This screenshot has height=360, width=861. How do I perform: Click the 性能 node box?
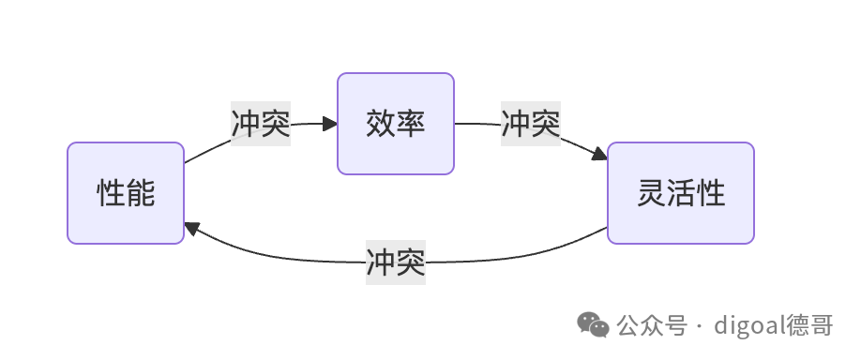tap(126, 193)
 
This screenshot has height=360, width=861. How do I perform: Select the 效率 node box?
tap(396, 124)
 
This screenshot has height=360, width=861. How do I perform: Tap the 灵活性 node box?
tap(681, 193)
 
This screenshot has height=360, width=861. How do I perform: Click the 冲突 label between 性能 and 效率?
tap(261, 124)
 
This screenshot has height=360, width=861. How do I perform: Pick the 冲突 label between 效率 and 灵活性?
tap(531, 124)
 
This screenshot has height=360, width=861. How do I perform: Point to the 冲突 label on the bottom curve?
tap(396, 262)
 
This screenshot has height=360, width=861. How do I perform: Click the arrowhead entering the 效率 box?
tap(330, 124)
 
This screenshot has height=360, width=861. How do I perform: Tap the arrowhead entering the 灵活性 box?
tap(599, 154)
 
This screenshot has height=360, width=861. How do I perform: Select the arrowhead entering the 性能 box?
tap(191, 229)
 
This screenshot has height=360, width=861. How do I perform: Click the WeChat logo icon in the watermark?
tap(593, 325)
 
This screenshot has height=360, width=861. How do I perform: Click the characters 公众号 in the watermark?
tap(652, 325)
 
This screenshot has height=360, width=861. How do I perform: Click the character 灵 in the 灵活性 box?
tap(652, 193)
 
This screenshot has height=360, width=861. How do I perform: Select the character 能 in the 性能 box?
tap(141, 193)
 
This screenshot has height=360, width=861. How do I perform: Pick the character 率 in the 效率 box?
tap(411, 124)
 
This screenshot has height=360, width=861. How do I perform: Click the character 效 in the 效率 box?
tap(381, 124)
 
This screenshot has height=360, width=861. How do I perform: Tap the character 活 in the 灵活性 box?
tap(681, 193)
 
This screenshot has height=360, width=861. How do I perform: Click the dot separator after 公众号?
tap(699, 326)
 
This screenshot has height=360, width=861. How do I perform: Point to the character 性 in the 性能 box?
tap(112, 193)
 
